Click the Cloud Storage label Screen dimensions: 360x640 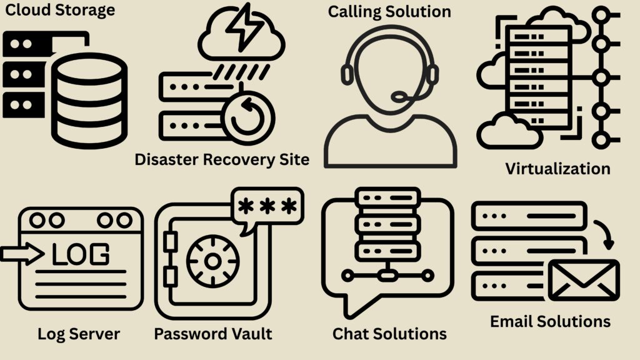pyautogui.click(x=60, y=11)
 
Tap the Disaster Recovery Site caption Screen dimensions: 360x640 pyautogui.click(x=222, y=159)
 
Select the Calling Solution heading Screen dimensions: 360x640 pyautogui.click(x=389, y=11)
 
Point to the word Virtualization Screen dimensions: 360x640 pyautogui.click(x=557, y=169)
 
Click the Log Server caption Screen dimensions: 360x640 pyautogui.click(x=79, y=334)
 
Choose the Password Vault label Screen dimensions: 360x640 pyautogui.click(x=213, y=334)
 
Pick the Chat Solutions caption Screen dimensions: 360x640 pyautogui.click(x=389, y=334)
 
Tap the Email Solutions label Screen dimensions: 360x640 pyautogui.click(x=550, y=322)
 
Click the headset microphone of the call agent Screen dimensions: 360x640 pyautogui.click(x=400, y=97)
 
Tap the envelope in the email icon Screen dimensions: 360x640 pyautogui.click(x=583, y=281)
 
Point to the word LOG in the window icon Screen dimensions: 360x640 pyautogui.click(x=80, y=254)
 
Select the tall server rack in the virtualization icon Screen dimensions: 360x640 pyautogui.click(x=539, y=78)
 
